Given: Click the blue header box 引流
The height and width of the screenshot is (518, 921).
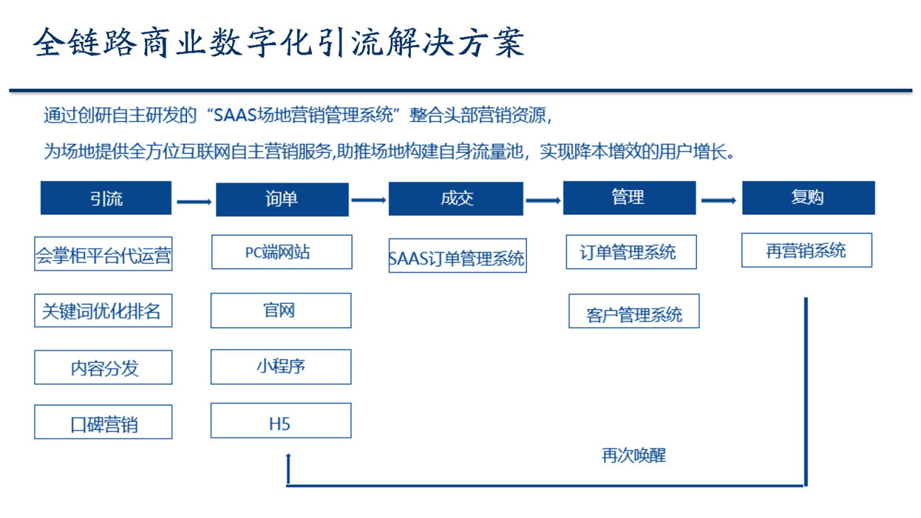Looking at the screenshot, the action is click(x=106, y=198).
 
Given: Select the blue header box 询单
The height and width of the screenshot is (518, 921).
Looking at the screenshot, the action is click(x=282, y=200).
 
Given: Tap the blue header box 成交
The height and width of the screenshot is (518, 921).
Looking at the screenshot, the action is click(x=456, y=199).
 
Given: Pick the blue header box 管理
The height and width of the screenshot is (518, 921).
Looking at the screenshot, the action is click(x=630, y=198).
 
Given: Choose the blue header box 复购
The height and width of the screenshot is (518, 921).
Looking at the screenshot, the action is click(x=809, y=198).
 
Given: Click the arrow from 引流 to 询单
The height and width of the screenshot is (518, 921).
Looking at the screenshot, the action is click(x=194, y=202).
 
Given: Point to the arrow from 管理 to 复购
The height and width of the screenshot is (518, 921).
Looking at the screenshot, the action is click(x=718, y=200).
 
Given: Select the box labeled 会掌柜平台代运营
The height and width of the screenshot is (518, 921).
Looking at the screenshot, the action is click(x=103, y=253).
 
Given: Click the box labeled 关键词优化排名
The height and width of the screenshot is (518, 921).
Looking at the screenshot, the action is click(x=103, y=310).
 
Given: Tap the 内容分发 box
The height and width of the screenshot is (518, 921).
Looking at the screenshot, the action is click(x=103, y=367).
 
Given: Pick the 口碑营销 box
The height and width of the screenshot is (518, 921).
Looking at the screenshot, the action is click(x=103, y=422).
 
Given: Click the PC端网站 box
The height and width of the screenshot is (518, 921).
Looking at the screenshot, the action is click(x=282, y=252).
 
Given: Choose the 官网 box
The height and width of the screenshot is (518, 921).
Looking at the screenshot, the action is click(x=281, y=310).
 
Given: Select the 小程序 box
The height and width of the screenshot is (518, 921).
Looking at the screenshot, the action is click(x=281, y=367).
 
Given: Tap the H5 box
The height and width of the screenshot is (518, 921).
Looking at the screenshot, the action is click(x=281, y=420).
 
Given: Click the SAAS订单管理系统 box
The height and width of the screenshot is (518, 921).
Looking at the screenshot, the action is click(x=458, y=255).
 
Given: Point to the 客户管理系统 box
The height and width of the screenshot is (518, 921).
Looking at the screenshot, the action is click(x=634, y=311).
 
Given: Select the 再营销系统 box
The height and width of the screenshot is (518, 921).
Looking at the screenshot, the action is click(x=806, y=250).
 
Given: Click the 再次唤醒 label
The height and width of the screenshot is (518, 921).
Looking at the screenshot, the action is click(x=633, y=455).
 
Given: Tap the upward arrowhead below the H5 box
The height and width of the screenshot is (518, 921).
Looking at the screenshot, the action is click(x=288, y=455).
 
